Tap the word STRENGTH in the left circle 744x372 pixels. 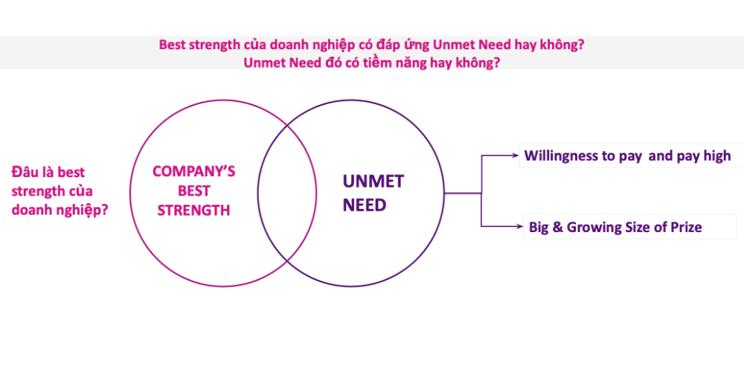(x=193, y=211)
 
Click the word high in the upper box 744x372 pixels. (x=716, y=156)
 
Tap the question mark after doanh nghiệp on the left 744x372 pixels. (x=105, y=210)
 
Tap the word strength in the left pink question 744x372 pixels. (x=37, y=191)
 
